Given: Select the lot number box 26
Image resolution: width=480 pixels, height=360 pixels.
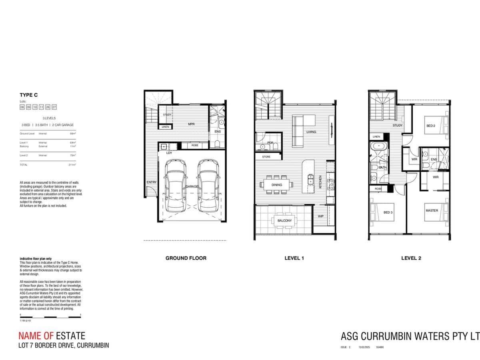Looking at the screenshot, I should click(48, 107).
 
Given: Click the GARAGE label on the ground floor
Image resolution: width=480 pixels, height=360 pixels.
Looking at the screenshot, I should click(192, 186).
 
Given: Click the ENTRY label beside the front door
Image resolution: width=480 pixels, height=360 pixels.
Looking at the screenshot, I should click(152, 182).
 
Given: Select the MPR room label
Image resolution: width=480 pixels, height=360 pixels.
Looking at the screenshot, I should click(191, 124).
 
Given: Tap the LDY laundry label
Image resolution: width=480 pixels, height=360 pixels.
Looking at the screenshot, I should click(169, 153).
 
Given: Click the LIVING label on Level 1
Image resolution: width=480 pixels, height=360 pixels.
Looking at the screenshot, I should click(311, 132).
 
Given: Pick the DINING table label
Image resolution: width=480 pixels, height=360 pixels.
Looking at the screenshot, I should click(277, 185).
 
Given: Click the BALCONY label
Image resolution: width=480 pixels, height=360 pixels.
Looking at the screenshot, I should click(284, 220).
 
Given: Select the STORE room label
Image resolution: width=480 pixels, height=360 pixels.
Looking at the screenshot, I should click(266, 157).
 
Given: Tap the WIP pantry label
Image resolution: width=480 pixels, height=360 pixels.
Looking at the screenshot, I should click(320, 216).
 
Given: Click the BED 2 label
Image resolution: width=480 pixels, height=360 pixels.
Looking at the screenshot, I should click(431, 126).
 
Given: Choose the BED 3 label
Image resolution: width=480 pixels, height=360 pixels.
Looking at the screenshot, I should click(388, 212).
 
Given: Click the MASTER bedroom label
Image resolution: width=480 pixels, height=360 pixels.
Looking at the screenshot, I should click(432, 210).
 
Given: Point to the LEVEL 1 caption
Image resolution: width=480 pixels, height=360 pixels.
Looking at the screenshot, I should click(294, 258).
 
